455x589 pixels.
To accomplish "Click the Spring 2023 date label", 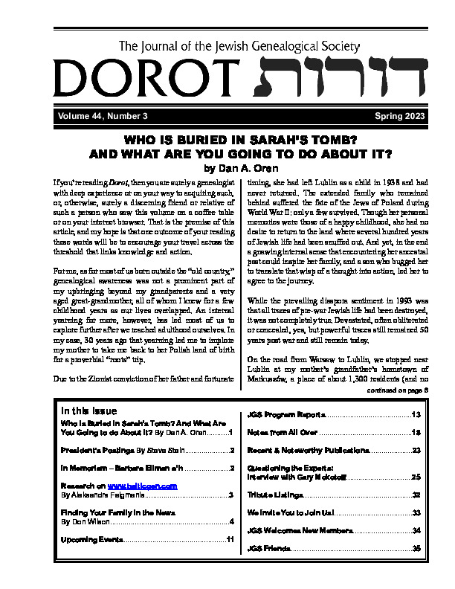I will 374,116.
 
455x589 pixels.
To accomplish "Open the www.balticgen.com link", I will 141,486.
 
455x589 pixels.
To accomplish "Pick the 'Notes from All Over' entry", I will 283,432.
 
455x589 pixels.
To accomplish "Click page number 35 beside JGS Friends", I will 416,548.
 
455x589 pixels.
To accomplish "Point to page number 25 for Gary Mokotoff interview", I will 416,476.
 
